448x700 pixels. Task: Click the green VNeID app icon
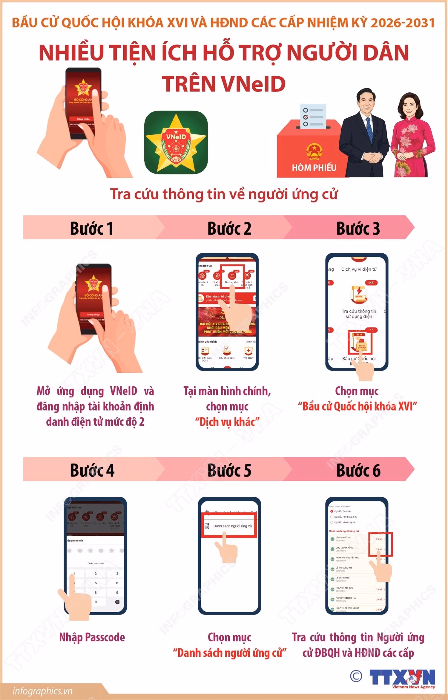[176, 142]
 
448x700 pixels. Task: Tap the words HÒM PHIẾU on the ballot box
[314, 168]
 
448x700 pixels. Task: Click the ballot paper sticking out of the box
[313, 116]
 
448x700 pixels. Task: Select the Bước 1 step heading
[92, 229]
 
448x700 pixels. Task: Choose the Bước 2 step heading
[229, 229]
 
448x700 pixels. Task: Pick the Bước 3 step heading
[358, 229]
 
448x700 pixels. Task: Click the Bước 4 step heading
[92, 470]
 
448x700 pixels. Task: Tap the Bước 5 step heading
[229, 470]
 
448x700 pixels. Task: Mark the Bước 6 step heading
[358, 470]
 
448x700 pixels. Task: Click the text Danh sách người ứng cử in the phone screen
[232, 526]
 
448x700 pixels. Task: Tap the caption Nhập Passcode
[92, 637]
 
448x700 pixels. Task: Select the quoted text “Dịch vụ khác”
[227, 422]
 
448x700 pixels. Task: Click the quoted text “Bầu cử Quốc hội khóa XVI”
[357, 406]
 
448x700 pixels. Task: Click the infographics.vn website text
[42, 691]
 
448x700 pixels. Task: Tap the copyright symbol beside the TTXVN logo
[356, 676]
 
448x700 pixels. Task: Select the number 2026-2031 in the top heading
[403, 23]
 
